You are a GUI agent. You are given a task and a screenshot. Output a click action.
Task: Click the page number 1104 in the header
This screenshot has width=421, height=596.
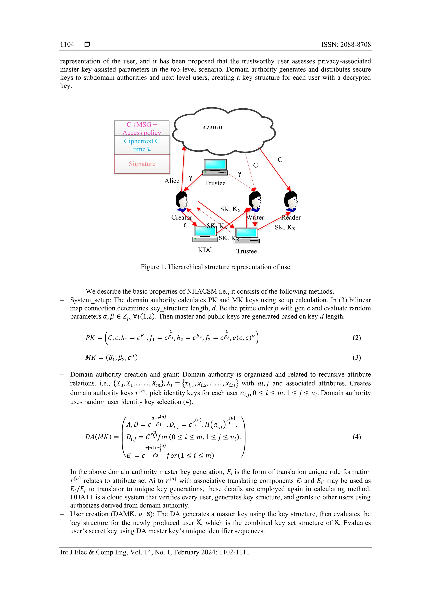coord(67,44)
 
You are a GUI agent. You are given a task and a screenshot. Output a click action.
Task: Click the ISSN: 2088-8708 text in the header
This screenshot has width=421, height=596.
coord(346,44)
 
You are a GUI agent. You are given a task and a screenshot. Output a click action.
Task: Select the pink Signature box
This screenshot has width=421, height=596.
coord(142,164)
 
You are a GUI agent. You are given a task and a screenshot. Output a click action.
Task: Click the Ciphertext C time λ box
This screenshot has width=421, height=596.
coord(142,145)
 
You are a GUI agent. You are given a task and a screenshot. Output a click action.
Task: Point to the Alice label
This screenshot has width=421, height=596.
coord(172,181)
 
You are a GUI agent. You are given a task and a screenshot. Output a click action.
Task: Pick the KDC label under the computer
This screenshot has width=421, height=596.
coord(205,250)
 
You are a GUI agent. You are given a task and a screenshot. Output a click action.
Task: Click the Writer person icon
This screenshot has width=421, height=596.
coord(255,201)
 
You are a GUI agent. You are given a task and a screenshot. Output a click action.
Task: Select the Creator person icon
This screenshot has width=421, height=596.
coord(182,201)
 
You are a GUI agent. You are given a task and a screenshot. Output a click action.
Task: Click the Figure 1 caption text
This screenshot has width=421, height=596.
coord(215,267)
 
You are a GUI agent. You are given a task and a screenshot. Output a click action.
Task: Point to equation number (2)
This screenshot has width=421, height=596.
coord(356,338)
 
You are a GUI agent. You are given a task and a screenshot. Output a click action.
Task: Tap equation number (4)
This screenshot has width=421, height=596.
coord(356,437)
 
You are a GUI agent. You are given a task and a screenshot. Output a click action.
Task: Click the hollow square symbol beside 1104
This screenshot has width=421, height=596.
coord(87,44)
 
